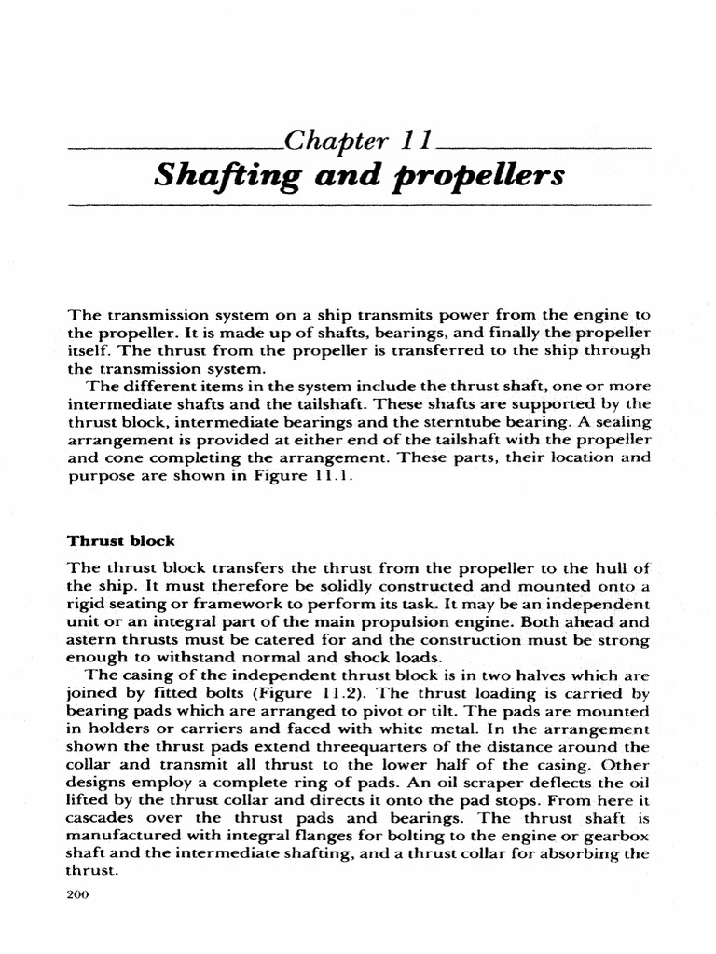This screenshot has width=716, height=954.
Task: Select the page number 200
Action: click(82, 894)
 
